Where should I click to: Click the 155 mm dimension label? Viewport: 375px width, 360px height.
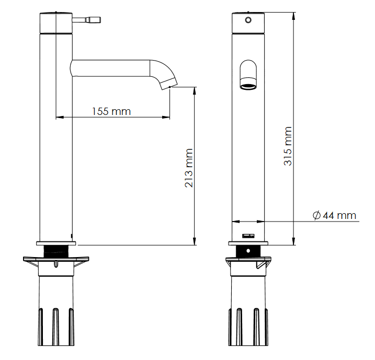(111, 111)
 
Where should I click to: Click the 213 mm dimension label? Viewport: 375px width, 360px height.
(189, 168)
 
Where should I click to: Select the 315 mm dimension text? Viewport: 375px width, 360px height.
(288, 146)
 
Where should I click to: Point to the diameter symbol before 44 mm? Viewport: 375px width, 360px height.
(316, 215)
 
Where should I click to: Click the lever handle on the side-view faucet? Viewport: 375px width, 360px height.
(86, 19)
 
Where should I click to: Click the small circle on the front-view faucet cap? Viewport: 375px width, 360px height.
(248, 20)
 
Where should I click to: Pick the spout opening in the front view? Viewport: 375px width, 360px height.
(248, 86)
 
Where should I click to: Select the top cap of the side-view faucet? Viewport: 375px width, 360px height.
(56, 23)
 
